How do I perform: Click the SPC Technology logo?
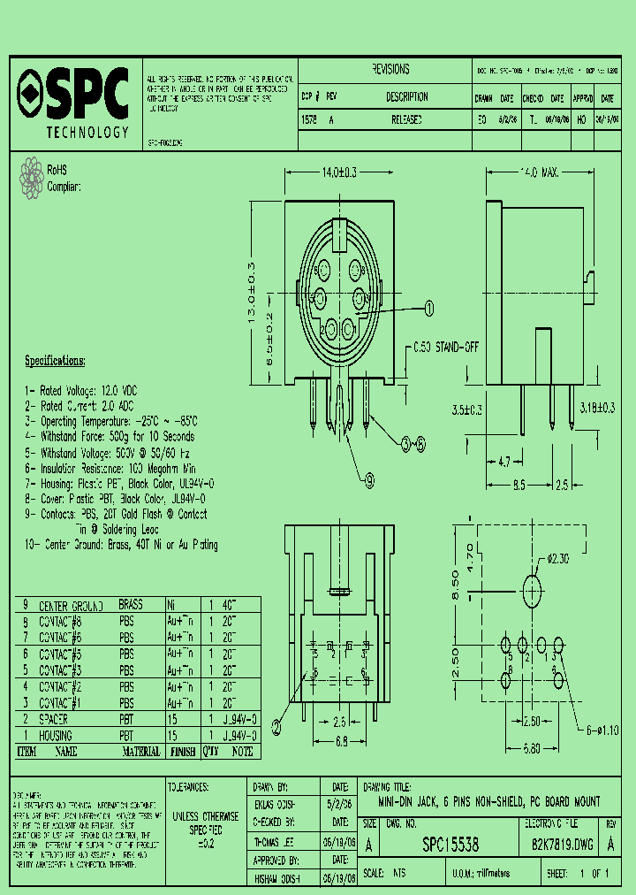[x=74, y=102]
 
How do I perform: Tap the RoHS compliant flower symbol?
[x=33, y=176]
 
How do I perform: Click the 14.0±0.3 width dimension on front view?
[x=332, y=173]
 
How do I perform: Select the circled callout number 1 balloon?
[x=430, y=308]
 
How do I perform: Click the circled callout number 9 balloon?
[x=368, y=480]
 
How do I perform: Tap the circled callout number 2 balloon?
[x=276, y=727]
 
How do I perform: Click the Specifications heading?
[x=55, y=361]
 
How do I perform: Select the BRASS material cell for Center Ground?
[x=130, y=606]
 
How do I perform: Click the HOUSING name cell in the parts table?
[x=57, y=735]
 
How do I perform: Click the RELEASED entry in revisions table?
[x=406, y=119]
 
